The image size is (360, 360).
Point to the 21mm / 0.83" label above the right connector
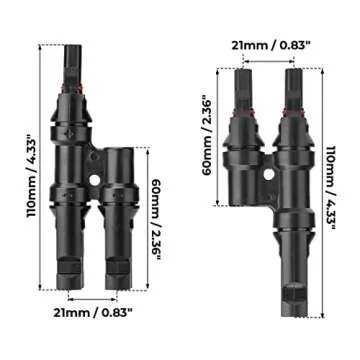pos(270,46)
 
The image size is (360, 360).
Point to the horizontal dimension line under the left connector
pos(94,296)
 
